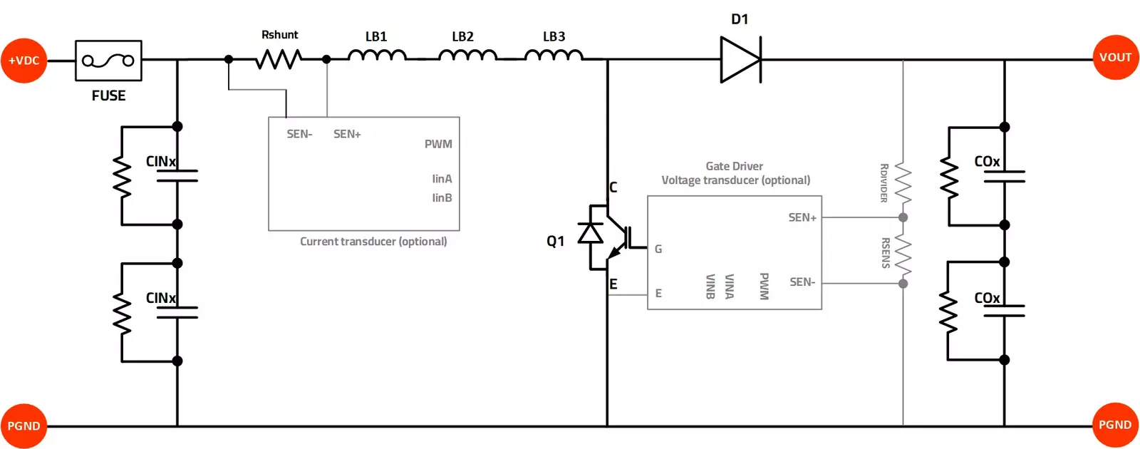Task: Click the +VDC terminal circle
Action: tap(24, 61)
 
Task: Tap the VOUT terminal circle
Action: tap(1115, 58)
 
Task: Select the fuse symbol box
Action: tap(108, 61)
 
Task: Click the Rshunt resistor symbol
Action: tap(279, 59)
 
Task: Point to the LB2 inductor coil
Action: tap(467, 56)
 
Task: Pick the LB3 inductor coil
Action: tap(554, 56)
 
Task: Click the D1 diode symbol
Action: tap(740, 60)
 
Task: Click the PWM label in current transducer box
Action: tap(438, 144)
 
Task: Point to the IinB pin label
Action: tap(442, 198)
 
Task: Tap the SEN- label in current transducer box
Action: tap(299, 134)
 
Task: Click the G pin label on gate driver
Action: tap(658, 249)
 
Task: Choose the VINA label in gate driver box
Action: tap(729, 287)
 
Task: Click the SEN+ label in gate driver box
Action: tap(802, 217)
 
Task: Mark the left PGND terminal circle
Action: tap(24, 426)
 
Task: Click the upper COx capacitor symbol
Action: tap(1004, 177)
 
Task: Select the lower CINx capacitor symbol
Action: tap(177, 312)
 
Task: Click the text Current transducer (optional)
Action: tap(373, 242)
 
